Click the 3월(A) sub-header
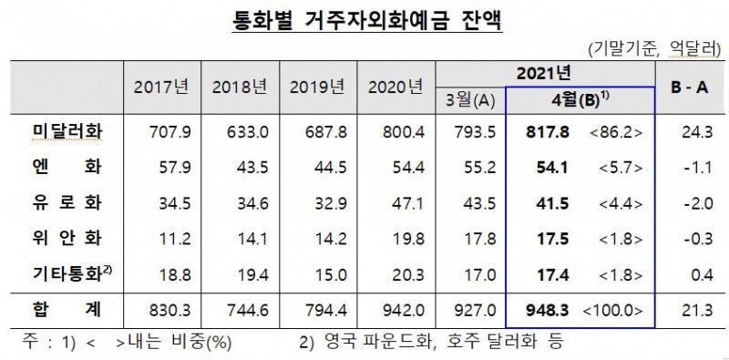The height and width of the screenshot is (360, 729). coord(471,98)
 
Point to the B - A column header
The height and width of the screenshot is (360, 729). coord(690,88)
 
